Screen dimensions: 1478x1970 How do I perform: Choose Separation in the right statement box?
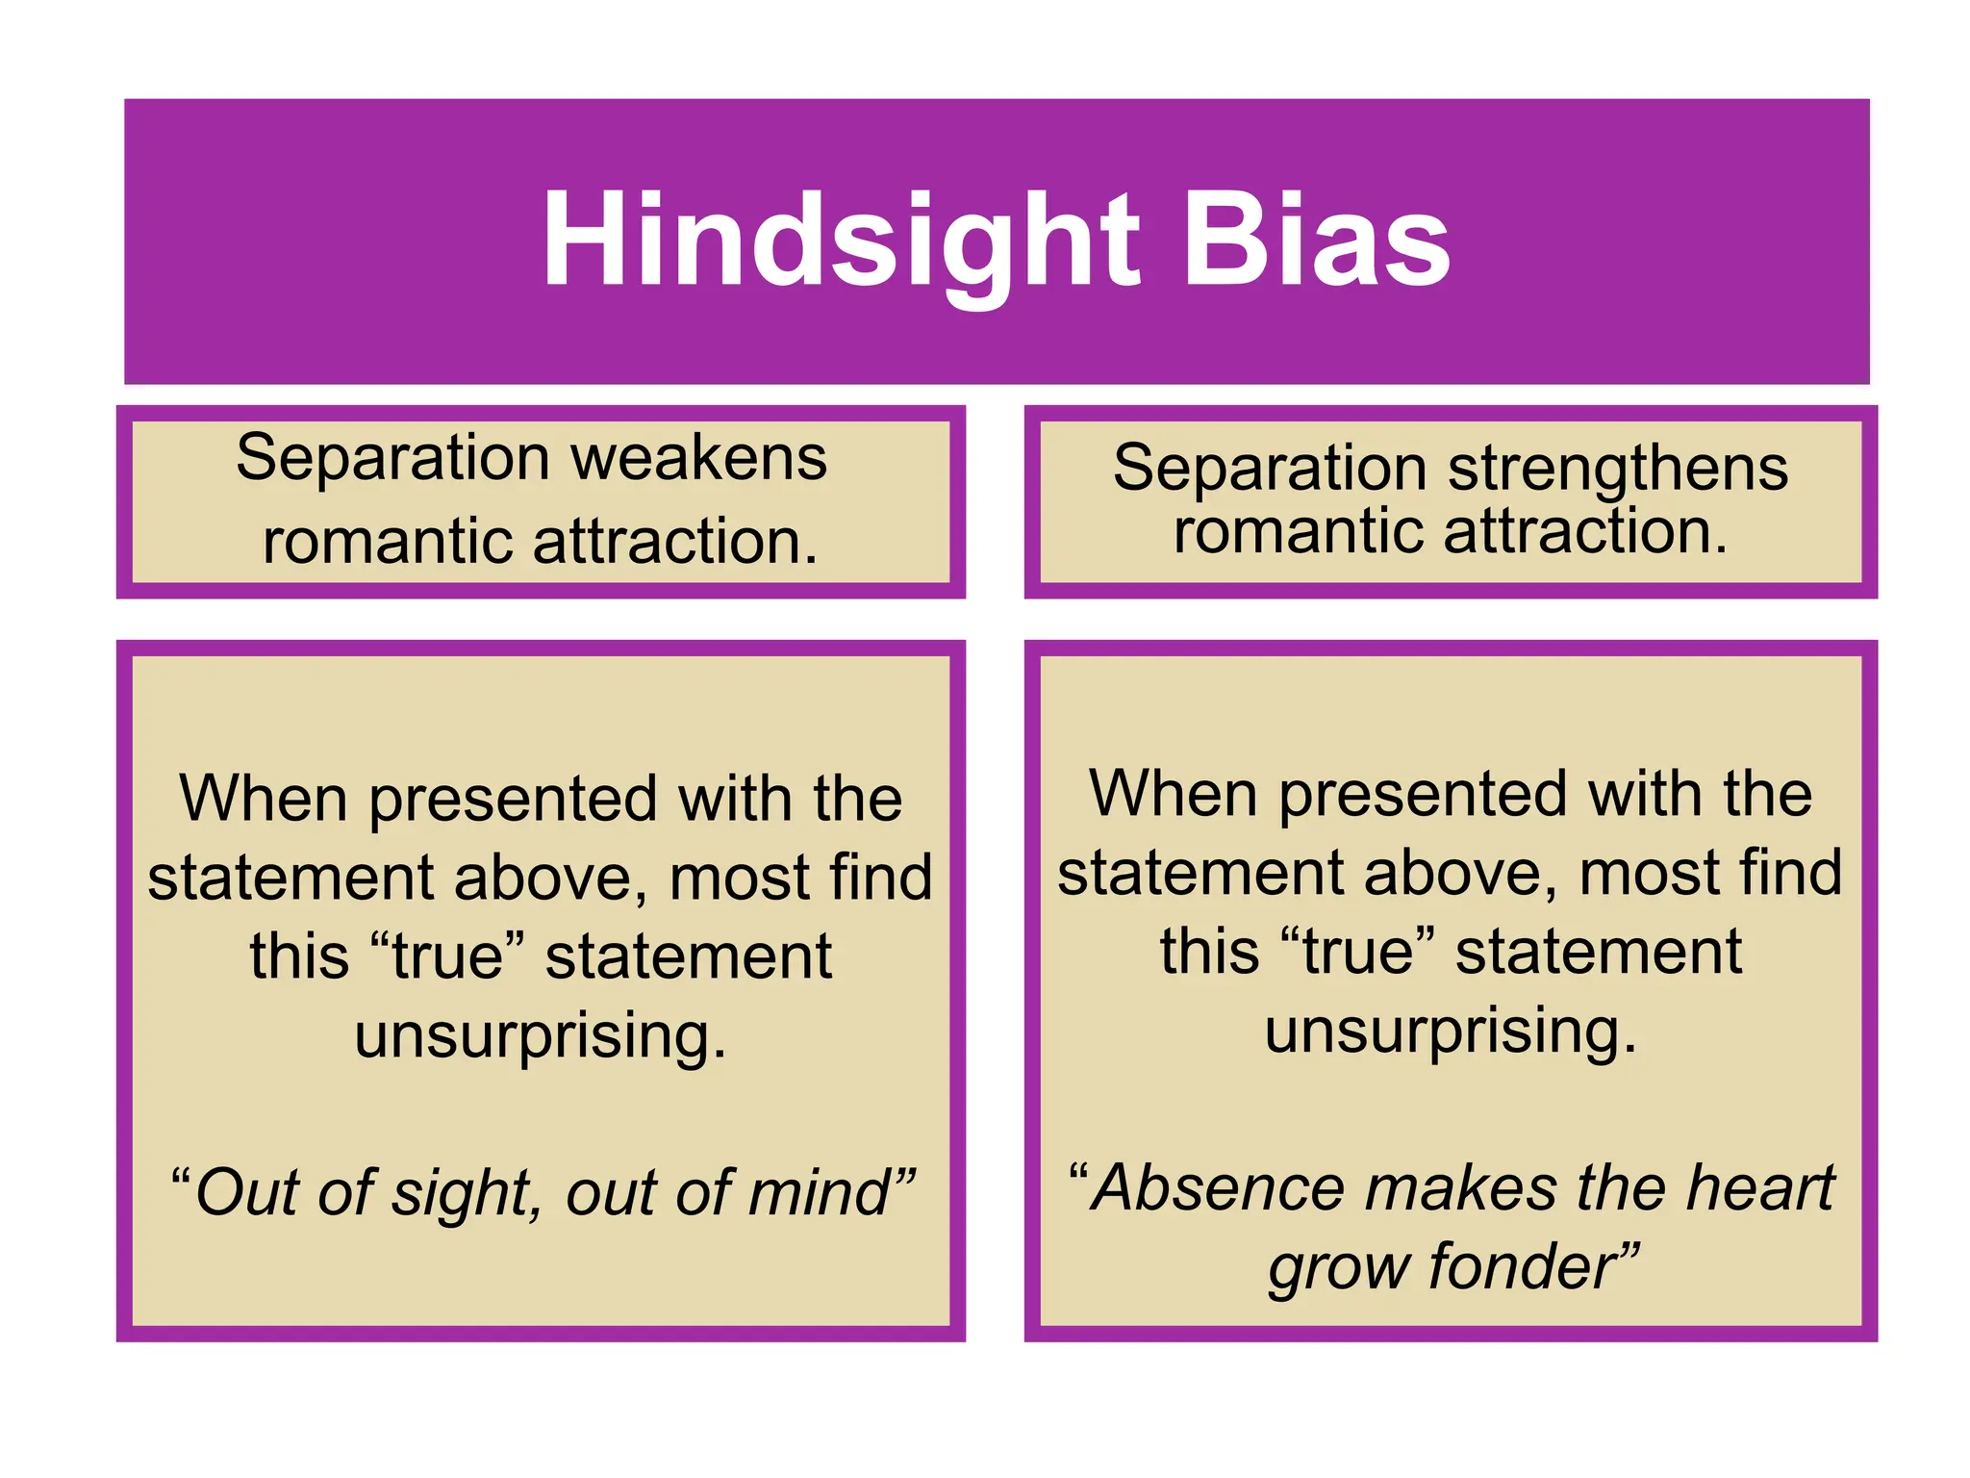click(x=1270, y=470)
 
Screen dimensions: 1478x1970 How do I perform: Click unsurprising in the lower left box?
click(x=540, y=1037)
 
